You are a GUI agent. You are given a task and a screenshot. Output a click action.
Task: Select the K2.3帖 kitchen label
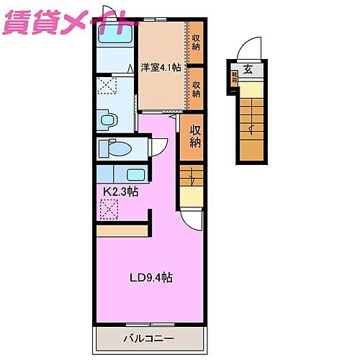click(119, 192)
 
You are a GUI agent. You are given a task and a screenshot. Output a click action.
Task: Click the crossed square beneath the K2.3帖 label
click(109, 210)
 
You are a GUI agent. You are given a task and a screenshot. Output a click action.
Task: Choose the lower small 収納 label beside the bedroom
click(196, 88)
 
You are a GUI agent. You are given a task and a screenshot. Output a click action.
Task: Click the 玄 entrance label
click(248, 70)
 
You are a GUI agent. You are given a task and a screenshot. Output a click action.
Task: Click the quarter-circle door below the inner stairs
click(192, 217)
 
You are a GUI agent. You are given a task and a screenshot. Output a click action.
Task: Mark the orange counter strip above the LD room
click(122, 231)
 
